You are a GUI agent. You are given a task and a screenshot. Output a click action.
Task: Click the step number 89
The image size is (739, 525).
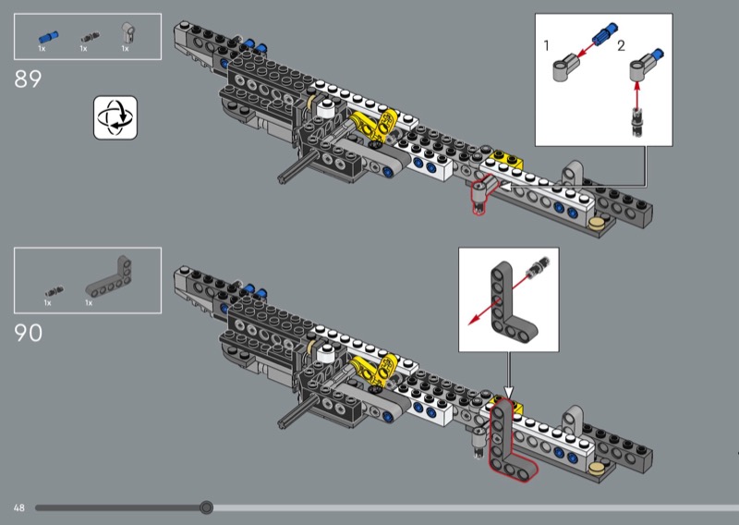pos(28,79)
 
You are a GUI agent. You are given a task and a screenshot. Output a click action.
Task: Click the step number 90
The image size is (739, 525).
pos(29,332)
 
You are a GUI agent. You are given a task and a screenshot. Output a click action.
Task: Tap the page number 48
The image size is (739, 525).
pos(19,507)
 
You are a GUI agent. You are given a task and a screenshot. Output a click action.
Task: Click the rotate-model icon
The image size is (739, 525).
pos(115,116)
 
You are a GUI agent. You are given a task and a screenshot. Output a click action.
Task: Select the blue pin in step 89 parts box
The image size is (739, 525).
pos(43,37)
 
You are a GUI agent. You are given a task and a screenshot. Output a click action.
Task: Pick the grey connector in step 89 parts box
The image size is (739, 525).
pos(129,35)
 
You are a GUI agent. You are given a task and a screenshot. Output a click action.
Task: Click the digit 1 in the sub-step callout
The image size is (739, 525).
pos(547,45)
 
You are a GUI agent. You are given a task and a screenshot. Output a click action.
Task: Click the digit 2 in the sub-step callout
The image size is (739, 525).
pos(621,45)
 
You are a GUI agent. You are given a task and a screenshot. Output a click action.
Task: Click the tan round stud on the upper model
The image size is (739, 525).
pos(600,223)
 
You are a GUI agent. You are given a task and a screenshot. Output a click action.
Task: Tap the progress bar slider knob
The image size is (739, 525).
pos(207,507)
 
